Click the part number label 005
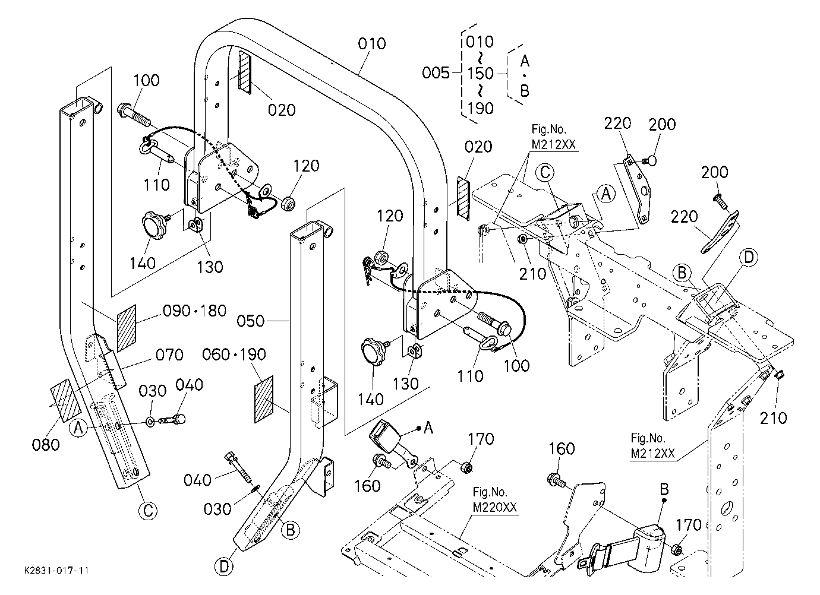(x=436, y=73)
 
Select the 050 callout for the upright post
(x=250, y=321)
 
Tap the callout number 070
(x=169, y=355)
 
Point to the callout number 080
(x=46, y=445)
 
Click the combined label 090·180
(x=194, y=311)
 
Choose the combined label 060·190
(x=234, y=355)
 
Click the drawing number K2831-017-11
(x=56, y=570)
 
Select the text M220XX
(x=494, y=508)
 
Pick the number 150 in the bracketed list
(x=480, y=74)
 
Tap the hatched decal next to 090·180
(x=127, y=328)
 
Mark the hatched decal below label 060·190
(x=264, y=399)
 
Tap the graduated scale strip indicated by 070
(x=112, y=369)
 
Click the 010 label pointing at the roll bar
(x=371, y=43)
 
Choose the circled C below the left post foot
(x=148, y=511)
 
